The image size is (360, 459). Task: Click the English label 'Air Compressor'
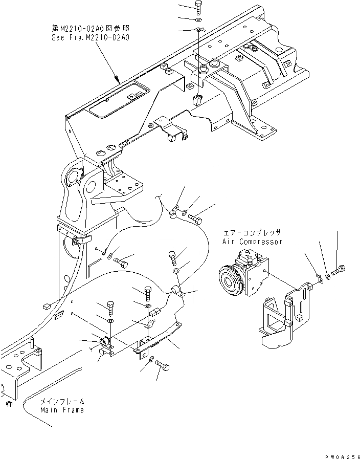coord(252,241)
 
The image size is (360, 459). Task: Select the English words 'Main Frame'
coord(62,410)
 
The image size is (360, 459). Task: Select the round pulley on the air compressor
coord(227,281)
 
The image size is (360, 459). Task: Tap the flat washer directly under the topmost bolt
coord(198,19)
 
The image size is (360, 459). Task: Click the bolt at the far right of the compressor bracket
coord(340,269)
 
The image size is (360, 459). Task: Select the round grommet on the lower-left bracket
coord(104,341)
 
